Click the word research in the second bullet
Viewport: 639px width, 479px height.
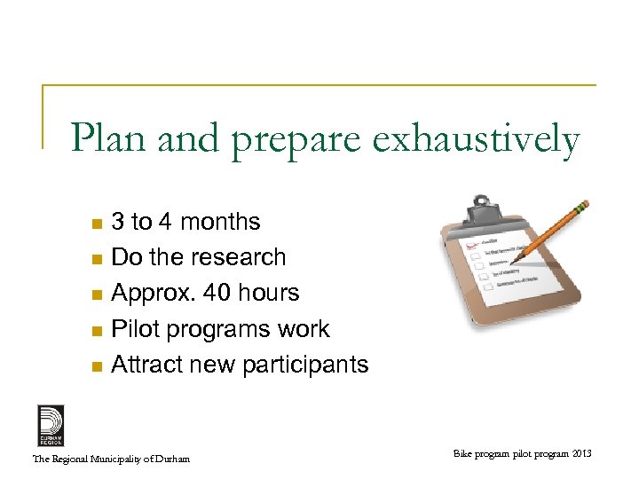click(x=239, y=257)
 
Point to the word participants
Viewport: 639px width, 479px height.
click(x=304, y=365)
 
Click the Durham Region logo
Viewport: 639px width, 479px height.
click(x=51, y=425)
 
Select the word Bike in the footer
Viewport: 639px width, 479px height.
click(x=464, y=454)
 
